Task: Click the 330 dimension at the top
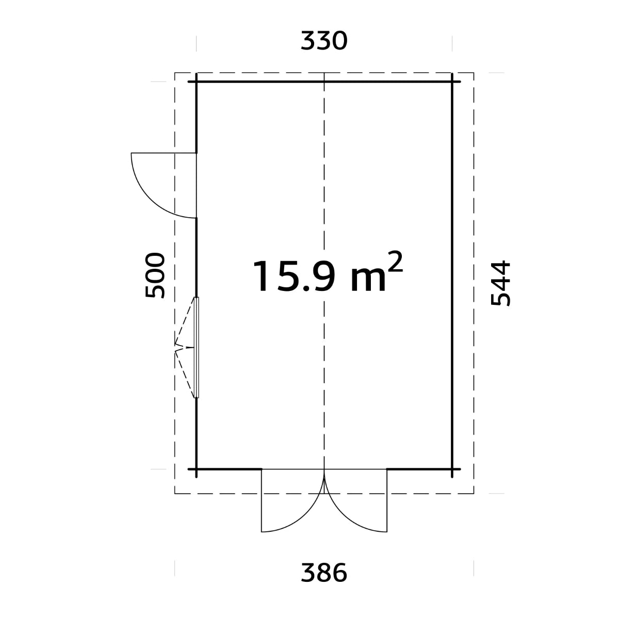[324, 41]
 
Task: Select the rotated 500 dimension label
[155, 275]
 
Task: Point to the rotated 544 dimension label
[500, 283]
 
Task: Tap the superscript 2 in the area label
[396, 262]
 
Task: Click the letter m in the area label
[368, 280]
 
